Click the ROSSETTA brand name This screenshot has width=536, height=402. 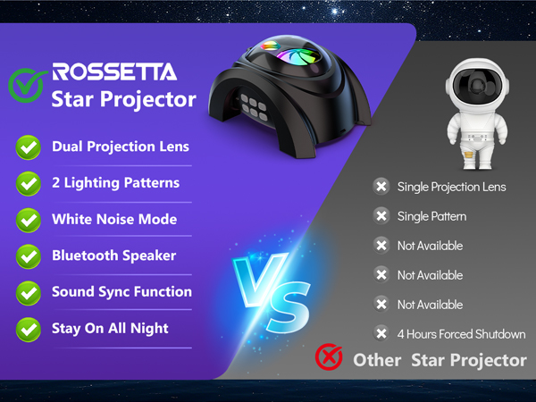pyautogui.click(x=114, y=71)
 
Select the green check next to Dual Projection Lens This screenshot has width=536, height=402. pyautogui.click(x=29, y=147)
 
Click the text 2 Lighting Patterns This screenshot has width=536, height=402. pyautogui.click(x=115, y=182)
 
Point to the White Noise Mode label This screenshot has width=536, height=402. pyautogui.click(x=114, y=219)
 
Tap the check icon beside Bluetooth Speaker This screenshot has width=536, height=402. pyautogui.click(x=29, y=256)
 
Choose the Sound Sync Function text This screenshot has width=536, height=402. pyautogui.click(x=121, y=291)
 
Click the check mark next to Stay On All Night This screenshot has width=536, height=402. pyautogui.click(x=29, y=329)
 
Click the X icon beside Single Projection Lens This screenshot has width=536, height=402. pyautogui.click(x=381, y=187)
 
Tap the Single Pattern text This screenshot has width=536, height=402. pyautogui.click(x=431, y=216)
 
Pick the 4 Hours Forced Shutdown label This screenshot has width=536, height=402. pyautogui.click(x=461, y=334)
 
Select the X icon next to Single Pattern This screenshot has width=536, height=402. pyautogui.click(x=381, y=216)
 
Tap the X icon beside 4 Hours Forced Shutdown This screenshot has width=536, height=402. pyautogui.click(x=381, y=334)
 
